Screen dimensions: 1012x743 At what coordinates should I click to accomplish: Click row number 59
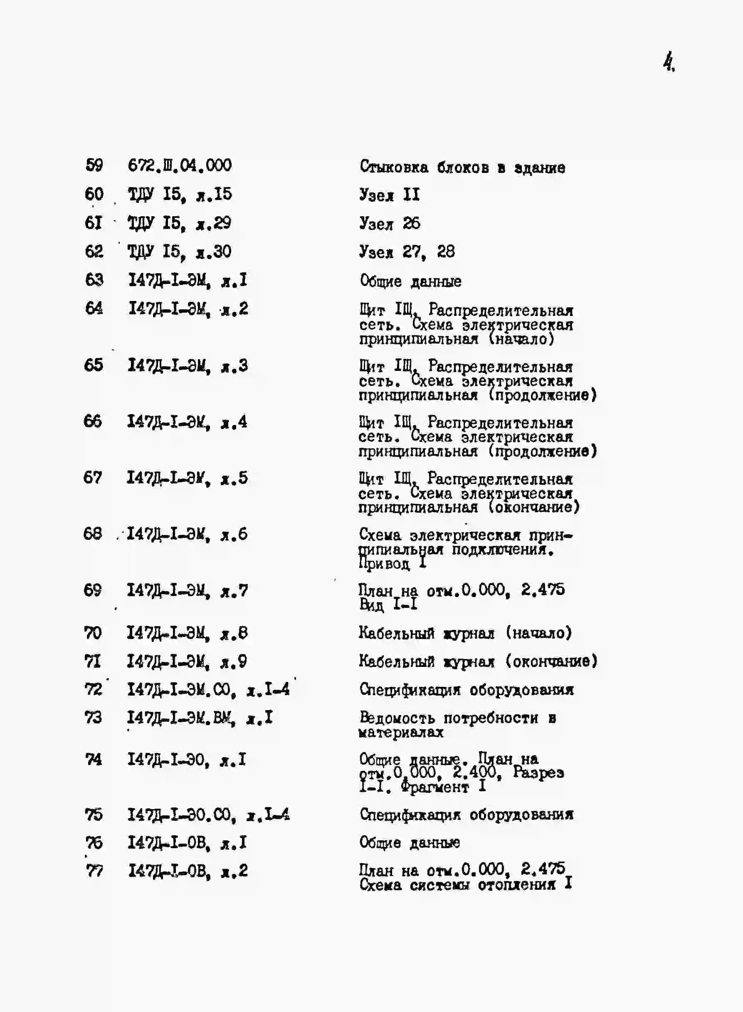[x=94, y=165]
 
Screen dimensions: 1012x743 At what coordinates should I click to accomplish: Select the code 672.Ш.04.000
[x=180, y=165]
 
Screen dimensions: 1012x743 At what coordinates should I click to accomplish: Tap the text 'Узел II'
[x=390, y=195]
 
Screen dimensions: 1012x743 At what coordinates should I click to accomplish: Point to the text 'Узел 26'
[x=390, y=223]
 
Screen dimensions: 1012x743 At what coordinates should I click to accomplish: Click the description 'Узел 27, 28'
[x=407, y=252]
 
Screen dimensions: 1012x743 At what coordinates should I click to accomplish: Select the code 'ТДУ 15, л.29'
[x=180, y=223]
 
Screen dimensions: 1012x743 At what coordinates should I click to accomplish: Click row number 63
[x=94, y=280]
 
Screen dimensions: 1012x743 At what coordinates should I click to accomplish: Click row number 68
[x=93, y=534]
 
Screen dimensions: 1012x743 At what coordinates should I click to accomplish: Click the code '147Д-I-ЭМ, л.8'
[x=187, y=633]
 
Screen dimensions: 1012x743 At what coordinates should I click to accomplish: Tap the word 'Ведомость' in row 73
[x=397, y=718]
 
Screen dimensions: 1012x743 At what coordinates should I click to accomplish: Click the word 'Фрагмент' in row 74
[x=434, y=787]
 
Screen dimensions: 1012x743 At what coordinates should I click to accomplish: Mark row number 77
[x=94, y=871]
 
